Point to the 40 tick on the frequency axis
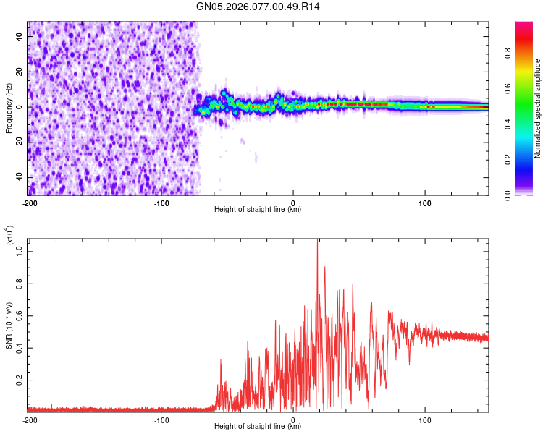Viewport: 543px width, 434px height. [x=20, y=36]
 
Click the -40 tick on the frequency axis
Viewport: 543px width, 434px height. [x=19, y=178]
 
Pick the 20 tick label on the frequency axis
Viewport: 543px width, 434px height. [x=20, y=72]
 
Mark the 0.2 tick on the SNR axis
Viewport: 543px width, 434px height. [x=20, y=379]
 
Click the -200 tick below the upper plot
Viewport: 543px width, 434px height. [x=30, y=202]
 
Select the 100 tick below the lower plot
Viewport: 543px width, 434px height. [x=426, y=419]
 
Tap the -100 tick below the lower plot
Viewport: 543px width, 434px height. [x=161, y=419]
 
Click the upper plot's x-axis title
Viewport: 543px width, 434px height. [x=258, y=210]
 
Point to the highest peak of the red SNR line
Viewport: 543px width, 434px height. [x=317, y=239]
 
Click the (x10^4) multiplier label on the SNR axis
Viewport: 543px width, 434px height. [x=9, y=236]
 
